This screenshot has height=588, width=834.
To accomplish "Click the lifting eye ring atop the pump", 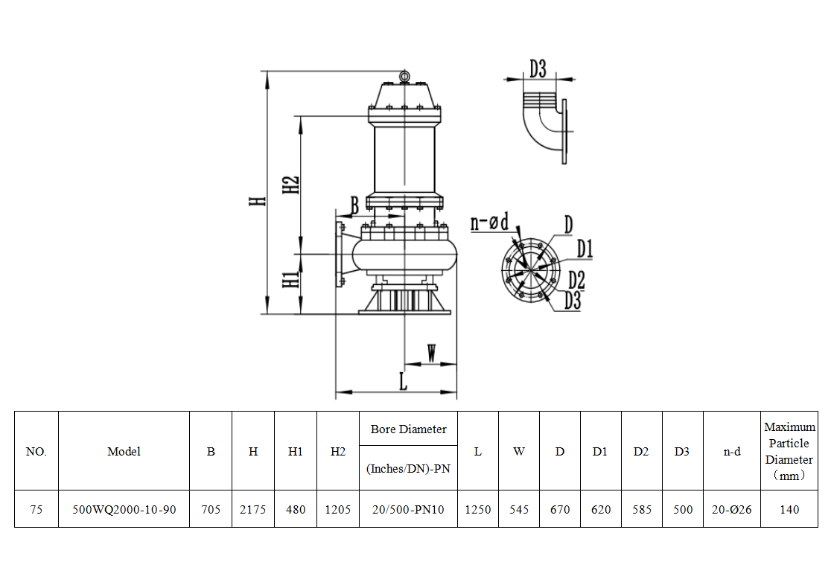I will pyautogui.click(x=403, y=76).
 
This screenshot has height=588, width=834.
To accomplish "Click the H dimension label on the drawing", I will pyautogui.click(x=256, y=200).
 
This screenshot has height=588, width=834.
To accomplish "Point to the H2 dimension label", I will pyautogui.click(x=291, y=185).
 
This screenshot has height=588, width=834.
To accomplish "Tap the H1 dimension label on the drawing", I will pyautogui.click(x=291, y=280).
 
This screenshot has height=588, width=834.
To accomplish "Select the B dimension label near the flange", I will pyautogui.click(x=354, y=204).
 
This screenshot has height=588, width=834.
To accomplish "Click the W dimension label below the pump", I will pyautogui.click(x=431, y=353).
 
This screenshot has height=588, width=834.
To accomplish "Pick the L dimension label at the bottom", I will pyautogui.click(x=403, y=381).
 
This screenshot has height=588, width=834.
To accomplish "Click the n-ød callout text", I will pyautogui.click(x=489, y=222).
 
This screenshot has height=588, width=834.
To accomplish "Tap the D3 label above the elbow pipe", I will pyautogui.click(x=538, y=69).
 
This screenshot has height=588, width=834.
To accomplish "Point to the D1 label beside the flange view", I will pyautogui.click(x=585, y=249).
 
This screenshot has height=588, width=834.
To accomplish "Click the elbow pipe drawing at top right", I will pyautogui.click(x=544, y=127).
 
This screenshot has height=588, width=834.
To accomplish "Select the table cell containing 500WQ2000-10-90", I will pyautogui.click(x=124, y=510).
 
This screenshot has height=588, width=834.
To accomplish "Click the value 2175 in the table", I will pyautogui.click(x=253, y=510).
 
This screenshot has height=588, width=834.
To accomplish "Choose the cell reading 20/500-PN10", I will pyautogui.click(x=408, y=510).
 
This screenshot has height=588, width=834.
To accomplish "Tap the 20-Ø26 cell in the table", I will pyautogui.click(x=732, y=510).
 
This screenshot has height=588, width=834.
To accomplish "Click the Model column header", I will pyautogui.click(x=124, y=451).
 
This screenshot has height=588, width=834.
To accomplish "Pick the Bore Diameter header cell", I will pyautogui.click(x=408, y=429).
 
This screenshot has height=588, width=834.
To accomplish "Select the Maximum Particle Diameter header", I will pyautogui.click(x=789, y=451).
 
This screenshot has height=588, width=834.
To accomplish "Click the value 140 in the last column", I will pyautogui.click(x=789, y=510).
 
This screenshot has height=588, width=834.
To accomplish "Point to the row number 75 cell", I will pyautogui.click(x=36, y=510).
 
